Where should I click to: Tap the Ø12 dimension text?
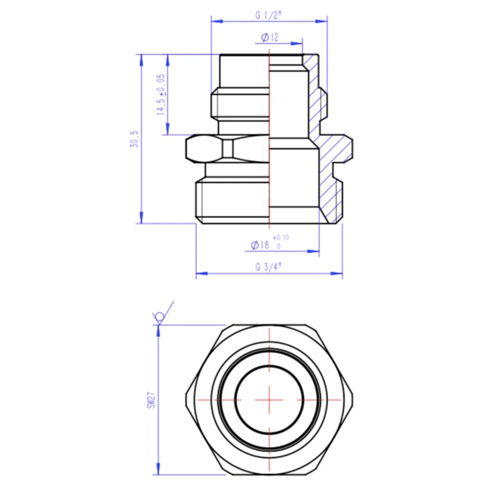(269, 37)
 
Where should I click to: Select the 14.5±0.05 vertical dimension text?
(160, 94)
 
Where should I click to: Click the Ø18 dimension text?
(260, 245)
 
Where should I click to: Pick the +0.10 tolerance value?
(280, 237)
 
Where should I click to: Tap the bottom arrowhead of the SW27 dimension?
(158, 472)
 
